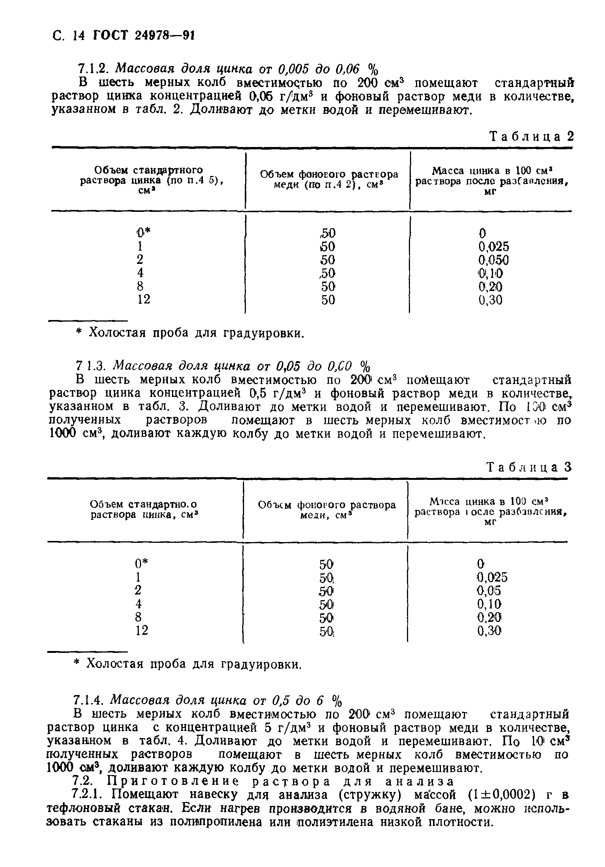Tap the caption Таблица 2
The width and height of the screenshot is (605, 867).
pyautogui.click(x=531, y=136)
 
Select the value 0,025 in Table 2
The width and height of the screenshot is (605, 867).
pyautogui.click(x=493, y=247)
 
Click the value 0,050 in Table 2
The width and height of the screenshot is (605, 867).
pyautogui.click(x=493, y=260)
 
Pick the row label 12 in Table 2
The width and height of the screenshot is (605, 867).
pyautogui.click(x=143, y=299)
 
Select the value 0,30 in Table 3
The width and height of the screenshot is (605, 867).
pyautogui.click(x=489, y=631)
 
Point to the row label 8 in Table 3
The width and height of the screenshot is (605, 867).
pyautogui.click(x=138, y=617)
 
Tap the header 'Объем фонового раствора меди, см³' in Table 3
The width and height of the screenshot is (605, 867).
pyautogui.click(x=327, y=510)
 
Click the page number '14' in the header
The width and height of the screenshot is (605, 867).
pyautogui.click(x=78, y=36)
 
